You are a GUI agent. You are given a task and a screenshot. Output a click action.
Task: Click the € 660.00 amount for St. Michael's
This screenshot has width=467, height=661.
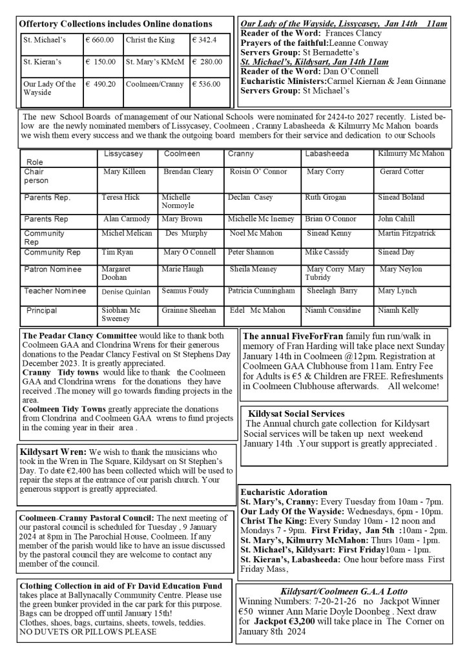tap(99, 40)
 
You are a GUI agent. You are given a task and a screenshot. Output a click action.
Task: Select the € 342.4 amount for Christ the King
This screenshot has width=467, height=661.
tap(204, 40)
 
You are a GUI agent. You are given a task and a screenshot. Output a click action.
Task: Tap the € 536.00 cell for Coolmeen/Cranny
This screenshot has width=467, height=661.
tap(207, 84)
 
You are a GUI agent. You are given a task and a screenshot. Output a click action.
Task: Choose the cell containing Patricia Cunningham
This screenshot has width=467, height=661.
tap(261, 291)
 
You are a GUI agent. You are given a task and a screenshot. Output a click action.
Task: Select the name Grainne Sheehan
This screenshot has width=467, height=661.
tap(189, 311)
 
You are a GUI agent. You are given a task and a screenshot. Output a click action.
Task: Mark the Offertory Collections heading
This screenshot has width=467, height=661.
tap(116, 24)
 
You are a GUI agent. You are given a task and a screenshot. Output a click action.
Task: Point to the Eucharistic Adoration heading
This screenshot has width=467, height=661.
tap(284, 492)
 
